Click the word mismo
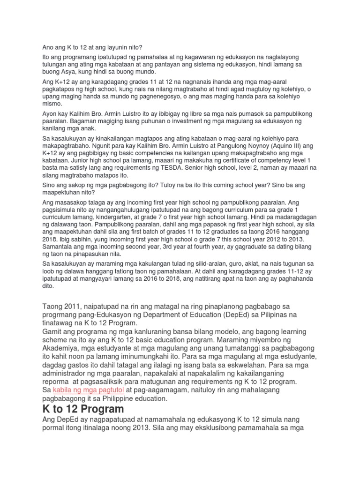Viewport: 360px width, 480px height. coord(52,104)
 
